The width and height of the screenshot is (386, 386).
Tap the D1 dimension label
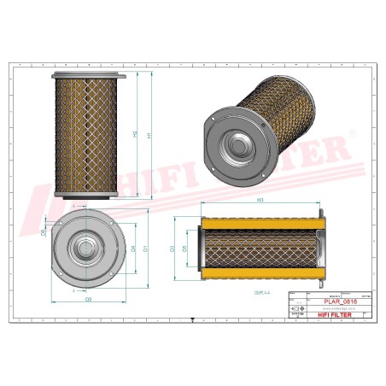coord(146,249)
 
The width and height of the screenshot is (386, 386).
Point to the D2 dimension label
coord(87,300)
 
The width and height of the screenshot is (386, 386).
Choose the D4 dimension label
coord(132,249)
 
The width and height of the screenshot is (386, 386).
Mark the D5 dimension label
coord(184,249)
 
